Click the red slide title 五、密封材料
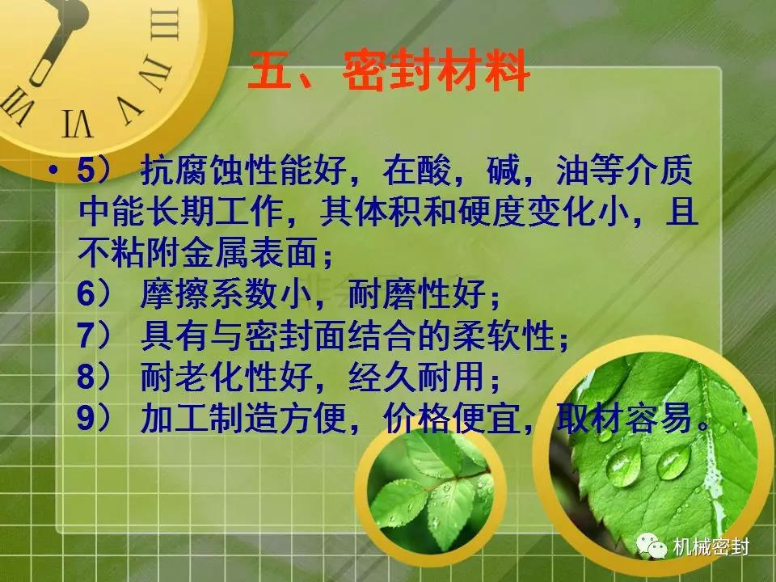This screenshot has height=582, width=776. pos(389,71)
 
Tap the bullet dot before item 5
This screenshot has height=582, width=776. pos(53,171)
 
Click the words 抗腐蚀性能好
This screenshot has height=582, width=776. pos(243,171)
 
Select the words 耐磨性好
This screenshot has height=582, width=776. pos(416,294)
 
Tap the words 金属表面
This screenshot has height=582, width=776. pos(250,253)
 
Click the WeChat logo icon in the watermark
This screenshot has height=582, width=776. pos(652,546)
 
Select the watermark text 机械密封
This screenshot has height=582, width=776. pos(711,547)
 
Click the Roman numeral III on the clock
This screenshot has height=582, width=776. pos(165,25)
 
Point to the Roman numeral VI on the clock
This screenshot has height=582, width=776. pos(78,124)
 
